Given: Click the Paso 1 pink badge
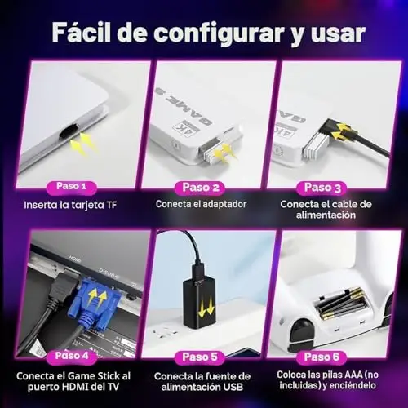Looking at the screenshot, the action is click(72, 187).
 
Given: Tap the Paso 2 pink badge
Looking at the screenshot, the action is click(201, 188).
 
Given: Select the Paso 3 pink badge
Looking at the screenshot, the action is click(322, 188).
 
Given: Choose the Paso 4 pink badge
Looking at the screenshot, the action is click(72, 356).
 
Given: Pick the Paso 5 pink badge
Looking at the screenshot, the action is click(200, 357).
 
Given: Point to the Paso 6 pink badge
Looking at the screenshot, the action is click(322, 357).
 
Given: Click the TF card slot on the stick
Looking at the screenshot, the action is click(68, 133).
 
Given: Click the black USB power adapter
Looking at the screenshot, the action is click(201, 301).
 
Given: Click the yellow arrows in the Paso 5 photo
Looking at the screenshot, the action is click(206, 307).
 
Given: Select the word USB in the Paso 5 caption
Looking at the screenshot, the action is click(232, 387).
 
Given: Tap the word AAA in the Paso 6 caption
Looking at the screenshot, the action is click(353, 375).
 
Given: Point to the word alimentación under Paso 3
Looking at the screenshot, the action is click(326, 215).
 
